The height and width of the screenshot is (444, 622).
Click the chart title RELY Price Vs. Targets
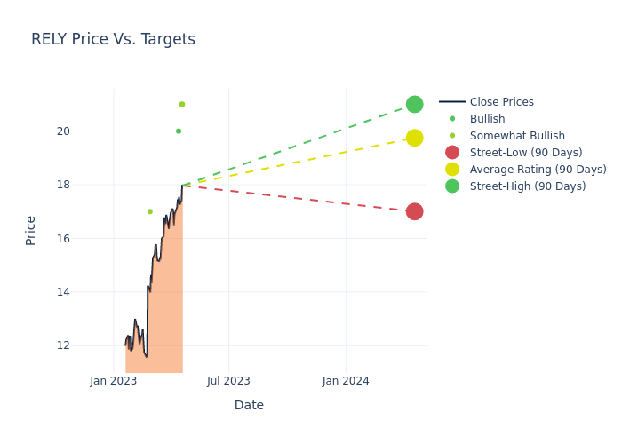click(x=113, y=39)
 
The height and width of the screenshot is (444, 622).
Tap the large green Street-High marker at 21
click(x=414, y=104)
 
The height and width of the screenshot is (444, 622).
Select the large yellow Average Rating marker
click(x=414, y=138)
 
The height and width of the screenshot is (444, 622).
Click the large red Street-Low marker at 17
click(x=414, y=211)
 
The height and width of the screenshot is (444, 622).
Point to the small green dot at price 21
click(x=182, y=104)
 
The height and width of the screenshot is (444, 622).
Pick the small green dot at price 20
click(x=179, y=131)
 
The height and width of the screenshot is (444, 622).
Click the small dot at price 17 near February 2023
click(x=149, y=211)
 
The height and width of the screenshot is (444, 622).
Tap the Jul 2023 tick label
click(x=228, y=381)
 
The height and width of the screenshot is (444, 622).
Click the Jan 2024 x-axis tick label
click(x=346, y=381)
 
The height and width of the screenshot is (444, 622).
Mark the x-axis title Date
click(x=249, y=405)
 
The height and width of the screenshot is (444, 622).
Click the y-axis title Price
click(x=31, y=230)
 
